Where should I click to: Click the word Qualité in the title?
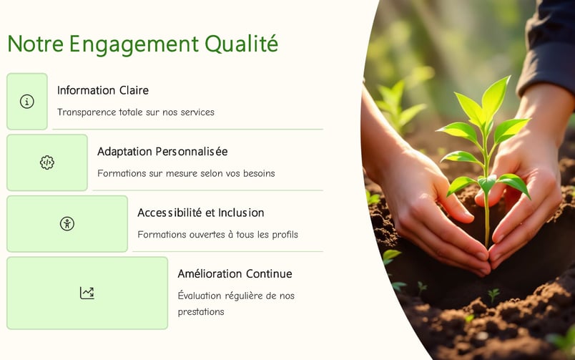(241, 44)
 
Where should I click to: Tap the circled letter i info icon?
(26, 102)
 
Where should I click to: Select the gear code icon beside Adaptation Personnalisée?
(47, 162)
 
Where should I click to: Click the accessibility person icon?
(67, 223)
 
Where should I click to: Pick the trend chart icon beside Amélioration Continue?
(87, 293)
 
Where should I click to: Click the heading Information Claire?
(103, 90)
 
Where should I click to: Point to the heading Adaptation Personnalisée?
(162, 152)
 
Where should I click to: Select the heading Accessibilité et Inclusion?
(200, 213)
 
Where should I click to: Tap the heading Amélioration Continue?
(235, 274)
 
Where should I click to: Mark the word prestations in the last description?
(201, 312)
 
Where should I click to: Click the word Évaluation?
(200, 296)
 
